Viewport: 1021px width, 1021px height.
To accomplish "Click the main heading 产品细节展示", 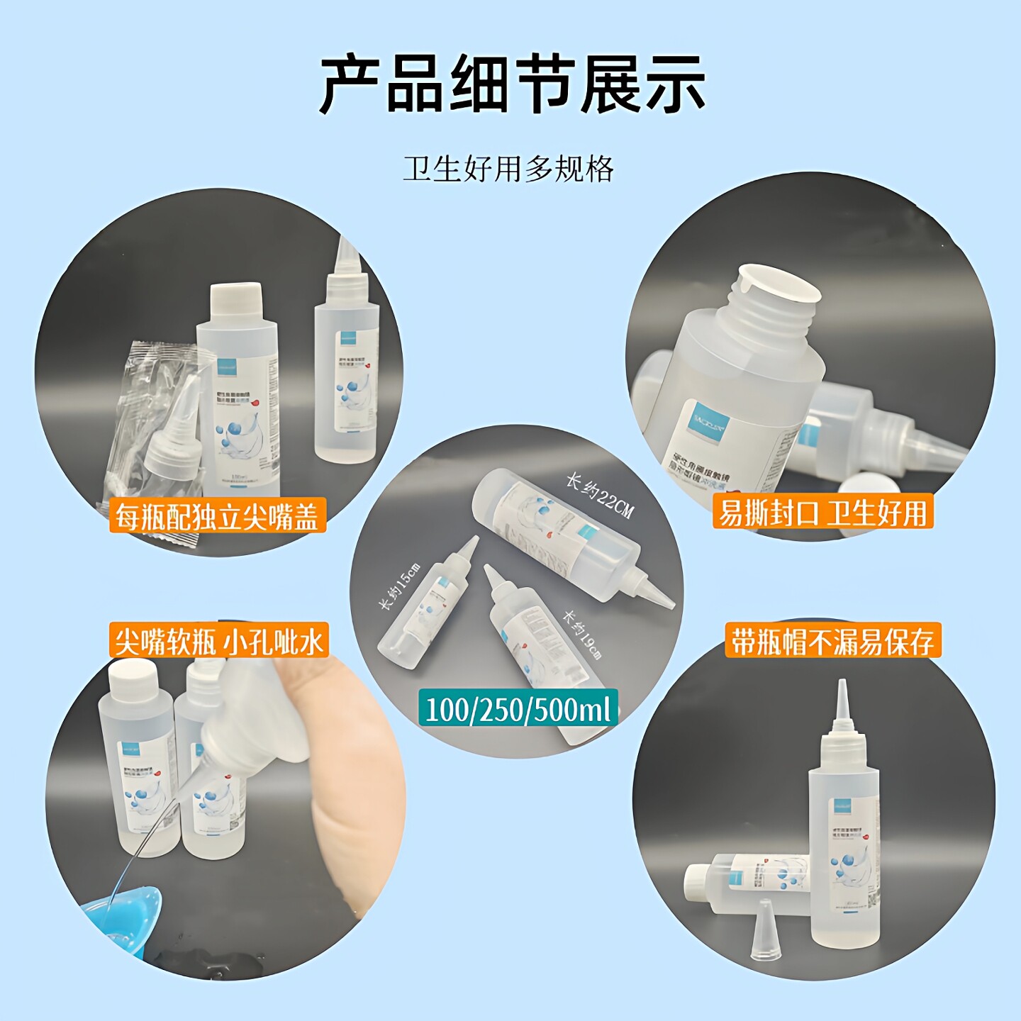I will (512, 84).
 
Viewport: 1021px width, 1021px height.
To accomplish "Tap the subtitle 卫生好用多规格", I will (508, 169).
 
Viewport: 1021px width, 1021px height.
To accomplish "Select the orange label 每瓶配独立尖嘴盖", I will (216, 515).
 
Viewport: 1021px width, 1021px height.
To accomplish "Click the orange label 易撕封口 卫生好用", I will (822, 512).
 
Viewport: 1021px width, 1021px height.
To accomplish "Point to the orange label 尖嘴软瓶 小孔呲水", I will (218, 641).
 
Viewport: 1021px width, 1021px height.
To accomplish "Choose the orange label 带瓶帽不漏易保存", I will (832, 641).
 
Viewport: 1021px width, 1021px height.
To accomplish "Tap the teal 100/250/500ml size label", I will (518, 708).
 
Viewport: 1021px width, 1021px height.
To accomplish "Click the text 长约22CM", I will (599, 496).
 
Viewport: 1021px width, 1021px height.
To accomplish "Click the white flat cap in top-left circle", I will (237, 301).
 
